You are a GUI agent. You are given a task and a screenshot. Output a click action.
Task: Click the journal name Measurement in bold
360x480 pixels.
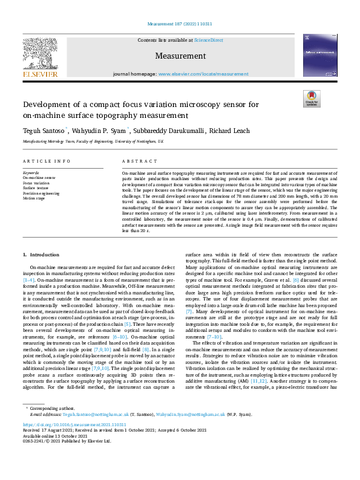coord(180,56)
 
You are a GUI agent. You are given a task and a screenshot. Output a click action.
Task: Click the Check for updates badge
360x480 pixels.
coord(312,98)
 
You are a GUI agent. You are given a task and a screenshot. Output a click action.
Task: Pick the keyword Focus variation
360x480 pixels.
coord(36,182)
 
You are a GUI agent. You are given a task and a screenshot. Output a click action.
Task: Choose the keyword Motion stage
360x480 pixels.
coord(34,198)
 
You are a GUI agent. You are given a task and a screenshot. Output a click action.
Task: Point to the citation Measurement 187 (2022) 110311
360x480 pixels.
coord(180,24)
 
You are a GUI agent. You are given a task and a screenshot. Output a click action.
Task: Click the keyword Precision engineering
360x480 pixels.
coord(41,193)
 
